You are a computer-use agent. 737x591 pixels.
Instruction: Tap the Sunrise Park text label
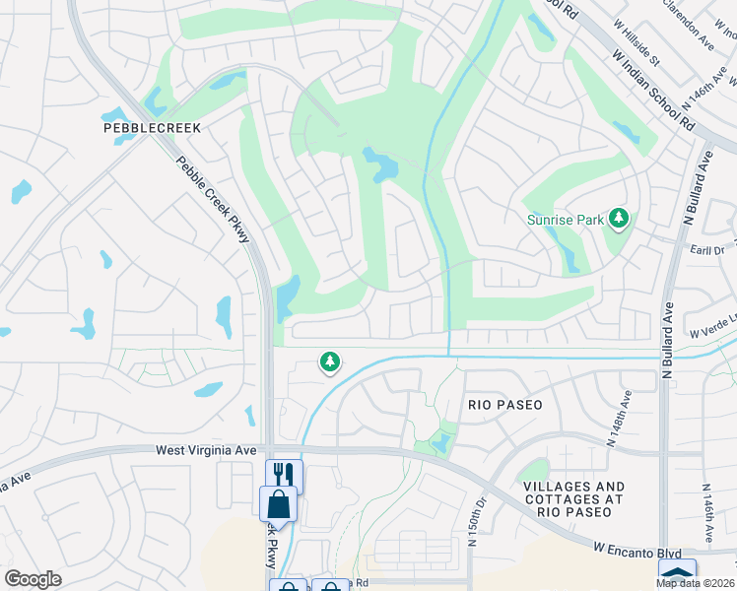[x=565, y=220]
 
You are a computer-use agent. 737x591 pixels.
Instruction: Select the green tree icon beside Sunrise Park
[x=619, y=218]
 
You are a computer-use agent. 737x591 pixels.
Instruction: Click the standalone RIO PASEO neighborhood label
[x=505, y=405]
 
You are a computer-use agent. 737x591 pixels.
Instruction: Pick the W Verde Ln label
[x=711, y=333]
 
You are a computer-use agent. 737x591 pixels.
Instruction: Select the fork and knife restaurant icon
[x=284, y=475]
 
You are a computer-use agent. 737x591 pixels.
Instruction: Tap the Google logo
[x=33, y=579]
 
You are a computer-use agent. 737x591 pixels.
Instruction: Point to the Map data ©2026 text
[x=695, y=583]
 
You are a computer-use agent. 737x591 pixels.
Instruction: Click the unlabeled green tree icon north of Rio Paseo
[x=330, y=362]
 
